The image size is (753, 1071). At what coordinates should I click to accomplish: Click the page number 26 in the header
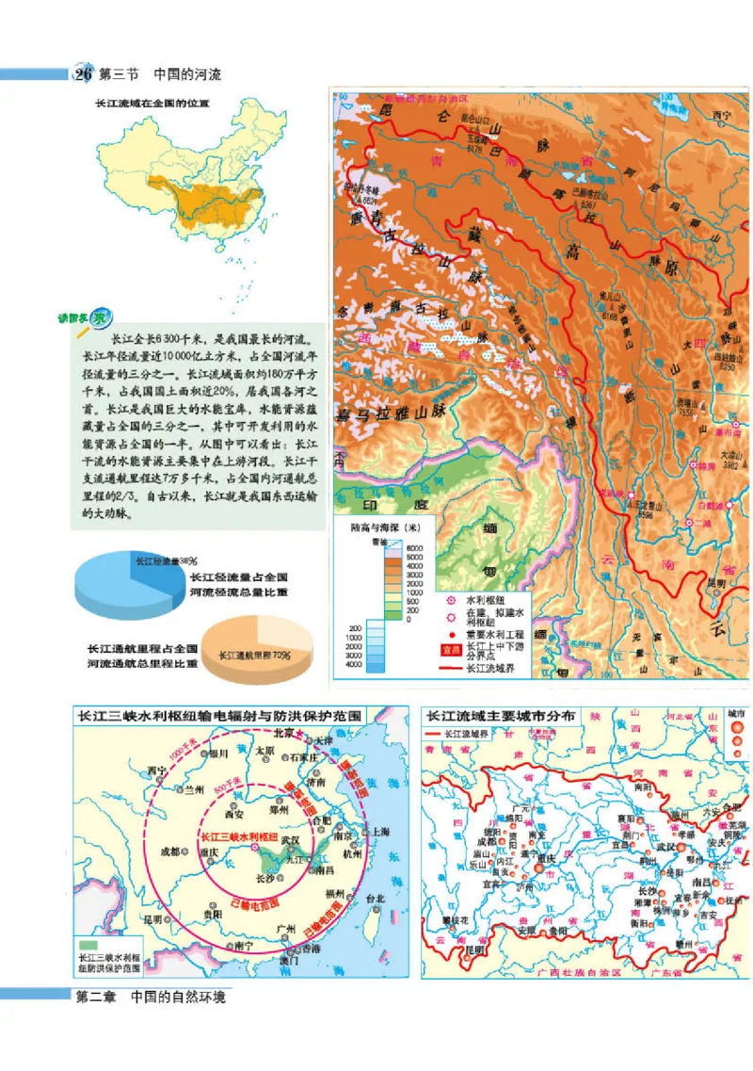[84, 73]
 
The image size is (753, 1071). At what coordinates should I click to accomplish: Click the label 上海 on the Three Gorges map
[379, 832]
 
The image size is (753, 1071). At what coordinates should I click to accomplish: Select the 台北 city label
[376, 899]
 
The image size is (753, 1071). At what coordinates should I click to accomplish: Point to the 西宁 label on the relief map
[722, 115]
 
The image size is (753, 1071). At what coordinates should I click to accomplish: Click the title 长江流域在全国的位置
[151, 103]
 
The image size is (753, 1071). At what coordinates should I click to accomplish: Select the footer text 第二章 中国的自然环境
[151, 997]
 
